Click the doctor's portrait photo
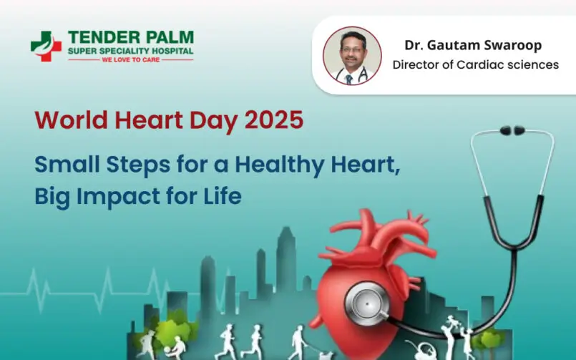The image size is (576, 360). [x=348, y=56]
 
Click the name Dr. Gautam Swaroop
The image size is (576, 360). [x=473, y=46]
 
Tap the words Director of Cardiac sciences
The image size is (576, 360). [x=476, y=65]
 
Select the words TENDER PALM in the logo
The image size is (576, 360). [x=130, y=37]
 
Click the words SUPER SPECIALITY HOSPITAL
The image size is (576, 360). [x=130, y=50]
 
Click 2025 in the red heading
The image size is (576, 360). [x=273, y=120]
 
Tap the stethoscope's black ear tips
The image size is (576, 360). [x=512, y=131]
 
